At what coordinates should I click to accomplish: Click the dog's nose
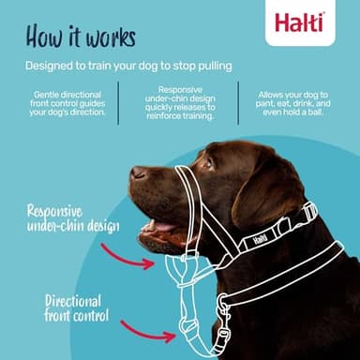[x=139, y=173]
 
